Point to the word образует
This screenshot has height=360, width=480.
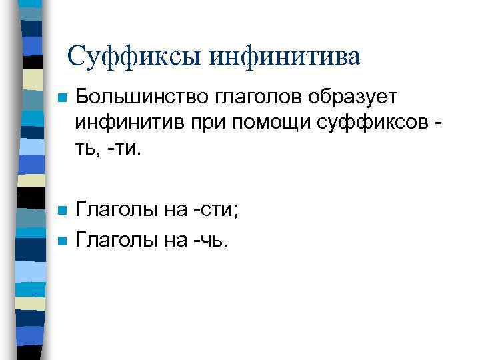pyautogui.click(x=353, y=97)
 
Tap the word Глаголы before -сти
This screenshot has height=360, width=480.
pyautogui.click(x=115, y=211)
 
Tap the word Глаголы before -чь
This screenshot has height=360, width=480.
pyautogui.click(x=115, y=239)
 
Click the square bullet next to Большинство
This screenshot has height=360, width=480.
pyautogui.click(x=61, y=98)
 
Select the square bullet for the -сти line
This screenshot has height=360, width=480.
pyautogui.click(x=61, y=211)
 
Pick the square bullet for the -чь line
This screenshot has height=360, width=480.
pyautogui.click(x=61, y=239)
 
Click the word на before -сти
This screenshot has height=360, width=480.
pyautogui.click(x=173, y=211)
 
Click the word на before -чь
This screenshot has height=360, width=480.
pyautogui.click(x=173, y=239)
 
